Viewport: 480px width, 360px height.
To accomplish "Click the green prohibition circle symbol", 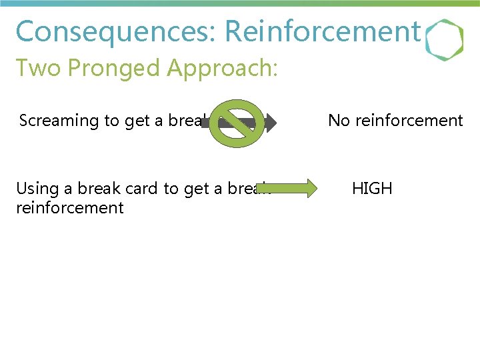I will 237,123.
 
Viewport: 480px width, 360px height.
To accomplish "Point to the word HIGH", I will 372,189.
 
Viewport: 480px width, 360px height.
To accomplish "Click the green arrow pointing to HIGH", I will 294,189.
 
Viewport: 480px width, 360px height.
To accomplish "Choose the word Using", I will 36,189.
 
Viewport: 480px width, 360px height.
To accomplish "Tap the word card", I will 140,189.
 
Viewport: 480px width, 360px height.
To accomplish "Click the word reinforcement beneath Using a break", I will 70,208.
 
